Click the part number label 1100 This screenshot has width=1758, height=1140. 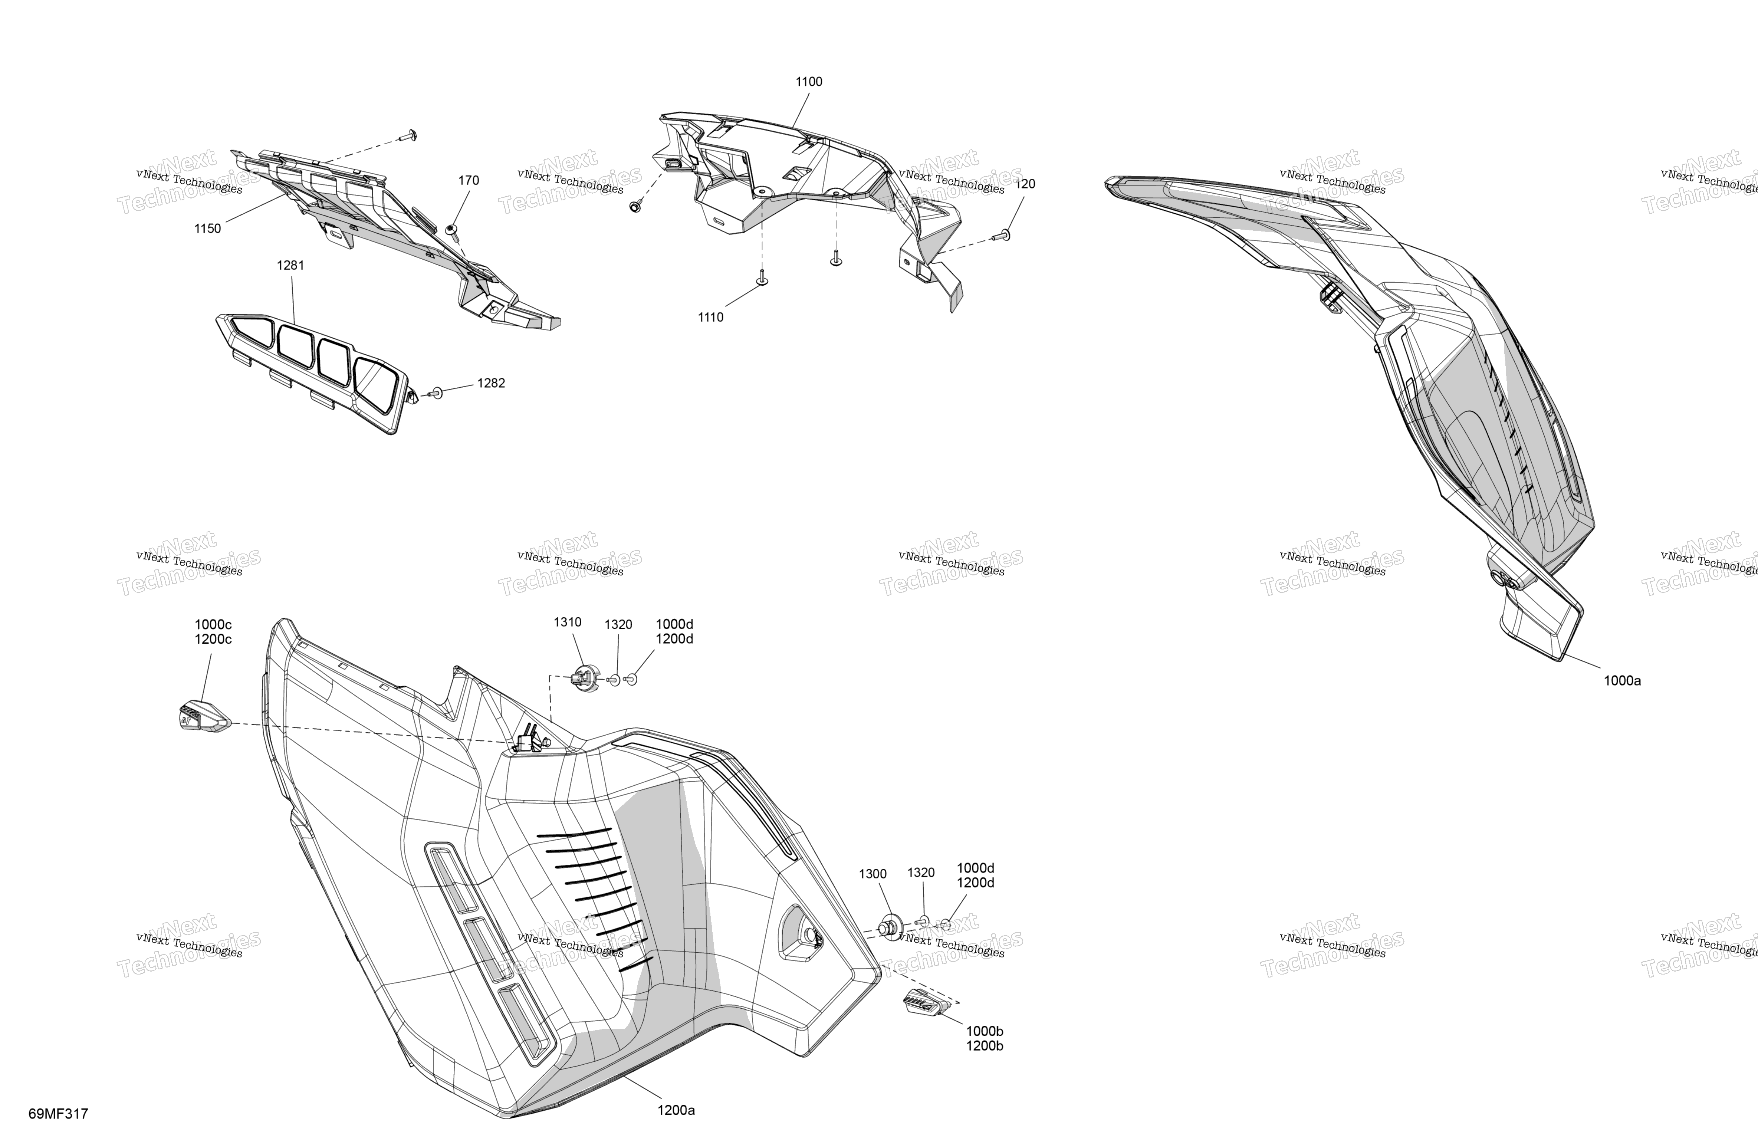[809, 82]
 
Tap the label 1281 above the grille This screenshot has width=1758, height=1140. [290, 265]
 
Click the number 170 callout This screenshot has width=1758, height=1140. [468, 180]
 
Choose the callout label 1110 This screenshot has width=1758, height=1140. [711, 318]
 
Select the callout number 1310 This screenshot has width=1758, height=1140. [567, 622]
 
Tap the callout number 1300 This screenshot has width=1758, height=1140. [873, 874]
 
